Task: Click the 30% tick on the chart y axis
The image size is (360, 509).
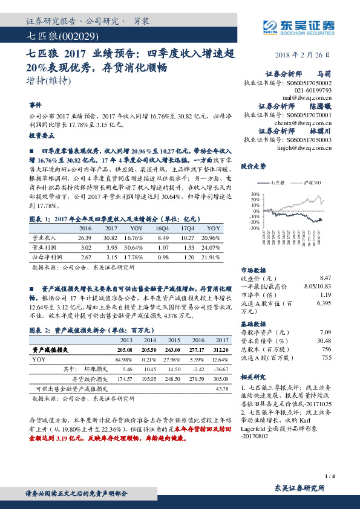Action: (254, 194)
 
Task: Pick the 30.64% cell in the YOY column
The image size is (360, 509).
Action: (136, 247)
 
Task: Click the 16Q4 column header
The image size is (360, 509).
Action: (163, 229)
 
